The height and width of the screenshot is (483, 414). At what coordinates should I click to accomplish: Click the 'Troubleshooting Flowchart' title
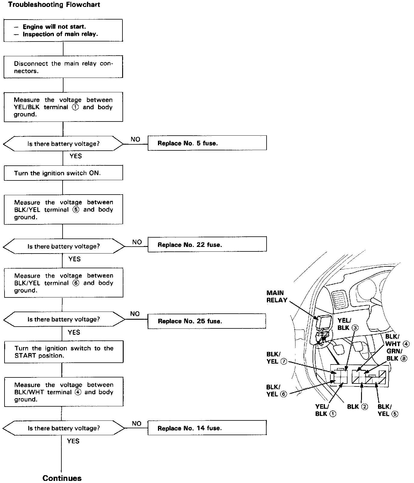click(54, 5)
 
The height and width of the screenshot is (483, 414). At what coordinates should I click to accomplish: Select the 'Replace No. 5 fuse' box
click(207, 143)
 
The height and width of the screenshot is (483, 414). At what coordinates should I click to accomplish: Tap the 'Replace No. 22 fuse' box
click(207, 244)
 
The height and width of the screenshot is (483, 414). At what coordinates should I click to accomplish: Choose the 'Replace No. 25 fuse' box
click(206, 321)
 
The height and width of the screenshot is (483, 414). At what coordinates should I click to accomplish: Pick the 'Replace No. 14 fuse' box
click(207, 428)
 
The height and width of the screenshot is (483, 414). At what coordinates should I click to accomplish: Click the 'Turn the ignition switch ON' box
click(63, 173)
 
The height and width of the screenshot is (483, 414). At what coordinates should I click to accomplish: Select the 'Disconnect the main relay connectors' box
click(63, 67)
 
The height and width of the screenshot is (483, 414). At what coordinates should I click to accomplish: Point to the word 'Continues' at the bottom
click(62, 478)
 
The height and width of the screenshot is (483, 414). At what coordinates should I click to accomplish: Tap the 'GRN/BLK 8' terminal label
click(397, 355)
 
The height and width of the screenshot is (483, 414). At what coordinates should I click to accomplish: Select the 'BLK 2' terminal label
click(357, 407)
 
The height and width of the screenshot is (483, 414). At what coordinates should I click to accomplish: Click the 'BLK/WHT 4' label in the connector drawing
click(397, 340)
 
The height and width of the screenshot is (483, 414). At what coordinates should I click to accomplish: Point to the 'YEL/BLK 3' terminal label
click(348, 324)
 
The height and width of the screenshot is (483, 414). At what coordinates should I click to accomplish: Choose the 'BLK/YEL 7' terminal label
click(277, 358)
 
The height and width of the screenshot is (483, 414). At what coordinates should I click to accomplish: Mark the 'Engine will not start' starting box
click(63, 30)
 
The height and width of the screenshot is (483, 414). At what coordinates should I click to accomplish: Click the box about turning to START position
click(64, 352)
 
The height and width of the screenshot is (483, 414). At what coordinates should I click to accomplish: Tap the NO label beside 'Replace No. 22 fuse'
click(137, 242)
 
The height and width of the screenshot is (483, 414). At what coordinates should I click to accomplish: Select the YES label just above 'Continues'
click(73, 441)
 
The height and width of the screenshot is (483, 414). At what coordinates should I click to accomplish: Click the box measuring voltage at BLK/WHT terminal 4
click(64, 392)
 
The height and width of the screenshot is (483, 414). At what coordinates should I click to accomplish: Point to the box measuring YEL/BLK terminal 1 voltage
click(63, 107)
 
